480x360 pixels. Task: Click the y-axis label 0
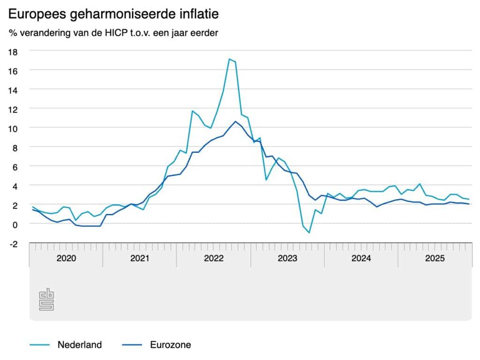(x=15, y=224)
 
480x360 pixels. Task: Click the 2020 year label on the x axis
(x=66, y=258)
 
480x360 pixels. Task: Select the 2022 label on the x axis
(x=214, y=258)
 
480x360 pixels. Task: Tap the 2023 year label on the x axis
(x=287, y=258)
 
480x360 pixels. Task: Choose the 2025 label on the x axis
(x=435, y=258)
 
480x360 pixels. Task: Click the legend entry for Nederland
(x=79, y=345)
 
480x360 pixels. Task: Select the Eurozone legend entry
(x=171, y=345)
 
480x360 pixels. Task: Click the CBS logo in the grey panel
(x=46, y=300)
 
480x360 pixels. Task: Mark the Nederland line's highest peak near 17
(x=229, y=59)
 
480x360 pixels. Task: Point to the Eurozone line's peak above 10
(x=235, y=121)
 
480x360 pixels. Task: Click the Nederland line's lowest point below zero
(x=309, y=232)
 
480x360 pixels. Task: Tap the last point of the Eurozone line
(x=469, y=204)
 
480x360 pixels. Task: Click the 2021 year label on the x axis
(x=140, y=258)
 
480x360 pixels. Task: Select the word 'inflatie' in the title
(x=199, y=15)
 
